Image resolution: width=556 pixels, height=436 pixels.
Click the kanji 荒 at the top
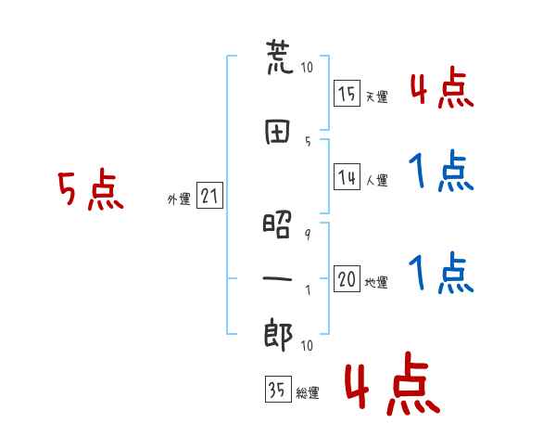(280, 58)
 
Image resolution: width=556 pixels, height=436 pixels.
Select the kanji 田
(277, 132)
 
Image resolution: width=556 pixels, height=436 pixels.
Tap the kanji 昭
(277, 224)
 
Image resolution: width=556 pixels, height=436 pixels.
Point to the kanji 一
(277, 278)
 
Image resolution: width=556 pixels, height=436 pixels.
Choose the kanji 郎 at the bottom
(278, 335)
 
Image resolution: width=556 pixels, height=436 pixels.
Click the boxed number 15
(347, 93)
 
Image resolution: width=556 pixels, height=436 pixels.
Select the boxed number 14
(347, 176)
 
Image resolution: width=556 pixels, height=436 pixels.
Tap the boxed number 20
(347, 278)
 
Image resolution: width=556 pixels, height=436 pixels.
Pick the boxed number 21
(209, 195)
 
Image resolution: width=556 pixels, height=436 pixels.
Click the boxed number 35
(278, 389)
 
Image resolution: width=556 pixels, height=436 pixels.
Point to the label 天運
(377, 96)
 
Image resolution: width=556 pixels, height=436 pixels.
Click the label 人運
(377, 180)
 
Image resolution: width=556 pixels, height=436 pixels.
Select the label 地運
(376, 283)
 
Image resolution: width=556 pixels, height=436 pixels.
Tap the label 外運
(179, 199)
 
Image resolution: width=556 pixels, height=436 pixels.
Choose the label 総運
(308, 393)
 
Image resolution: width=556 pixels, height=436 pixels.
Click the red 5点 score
(91, 189)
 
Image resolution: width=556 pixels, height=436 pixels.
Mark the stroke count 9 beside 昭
(308, 234)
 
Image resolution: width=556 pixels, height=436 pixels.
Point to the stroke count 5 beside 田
(308, 142)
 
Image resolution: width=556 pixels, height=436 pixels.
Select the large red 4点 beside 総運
(393, 383)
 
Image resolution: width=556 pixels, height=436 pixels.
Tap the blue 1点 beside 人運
(441, 171)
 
